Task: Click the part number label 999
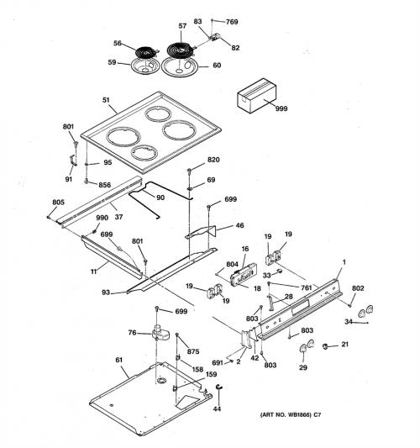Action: (281, 108)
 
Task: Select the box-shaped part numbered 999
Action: (257, 96)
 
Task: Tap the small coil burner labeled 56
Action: (147, 53)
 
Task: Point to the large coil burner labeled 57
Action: (181, 50)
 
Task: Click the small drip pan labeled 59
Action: (144, 66)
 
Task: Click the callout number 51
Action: (106, 100)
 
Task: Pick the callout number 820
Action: (213, 160)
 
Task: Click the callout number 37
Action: (118, 217)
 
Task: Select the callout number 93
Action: (106, 293)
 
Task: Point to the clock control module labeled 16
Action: (244, 275)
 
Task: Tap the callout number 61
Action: (119, 360)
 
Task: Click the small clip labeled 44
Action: (219, 387)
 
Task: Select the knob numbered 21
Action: (325, 346)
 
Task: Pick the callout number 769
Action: (232, 22)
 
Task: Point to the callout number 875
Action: (193, 351)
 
